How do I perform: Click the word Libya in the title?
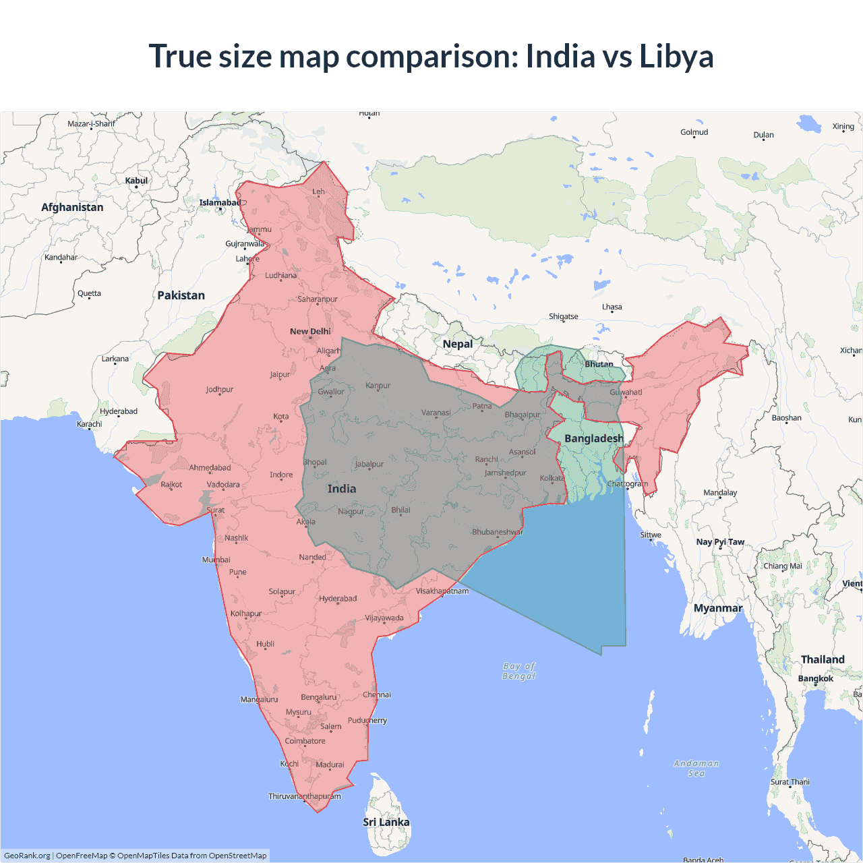pos(676,56)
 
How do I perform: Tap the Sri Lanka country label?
pos(386,822)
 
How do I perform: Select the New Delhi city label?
pos(310,331)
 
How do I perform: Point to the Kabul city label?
pos(136,181)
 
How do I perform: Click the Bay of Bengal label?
pos(518,671)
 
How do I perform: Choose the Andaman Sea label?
pos(696,768)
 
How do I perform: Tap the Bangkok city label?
pos(815,678)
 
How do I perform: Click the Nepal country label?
pos(458,344)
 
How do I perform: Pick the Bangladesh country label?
pos(594,438)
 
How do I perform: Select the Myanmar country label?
pos(718,608)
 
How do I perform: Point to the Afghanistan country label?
pos(72,207)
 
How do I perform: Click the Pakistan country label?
pos(181,295)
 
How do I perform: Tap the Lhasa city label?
pos(612,307)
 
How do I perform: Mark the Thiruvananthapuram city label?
pos(305,796)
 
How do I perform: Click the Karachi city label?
pos(90,424)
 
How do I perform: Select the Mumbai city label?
pos(216,560)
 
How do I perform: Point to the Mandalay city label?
pos(720,493)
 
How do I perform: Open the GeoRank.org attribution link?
pos(27,856)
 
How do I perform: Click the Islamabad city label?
pos(220,203)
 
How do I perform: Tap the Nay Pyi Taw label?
pos(720,542)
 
